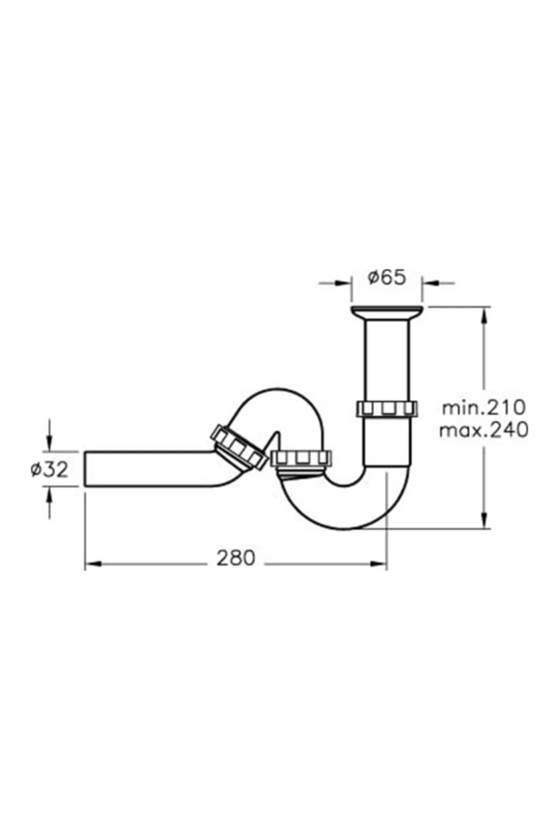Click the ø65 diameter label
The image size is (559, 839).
click(387, 278)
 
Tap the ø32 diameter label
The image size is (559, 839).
click(50, 469)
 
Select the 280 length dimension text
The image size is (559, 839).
click(236, 558)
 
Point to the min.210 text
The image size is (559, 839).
click(484, 407)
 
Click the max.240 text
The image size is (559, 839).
click(484, 430)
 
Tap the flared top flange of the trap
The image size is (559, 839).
click(387, 312)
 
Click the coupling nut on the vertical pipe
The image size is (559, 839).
click(387, 408)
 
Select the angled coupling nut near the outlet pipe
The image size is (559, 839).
click(239, 447)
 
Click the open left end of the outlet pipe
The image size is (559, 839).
click(86, 469)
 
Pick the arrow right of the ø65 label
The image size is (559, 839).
click(429, 282)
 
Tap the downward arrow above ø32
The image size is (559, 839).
click(49, 443)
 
